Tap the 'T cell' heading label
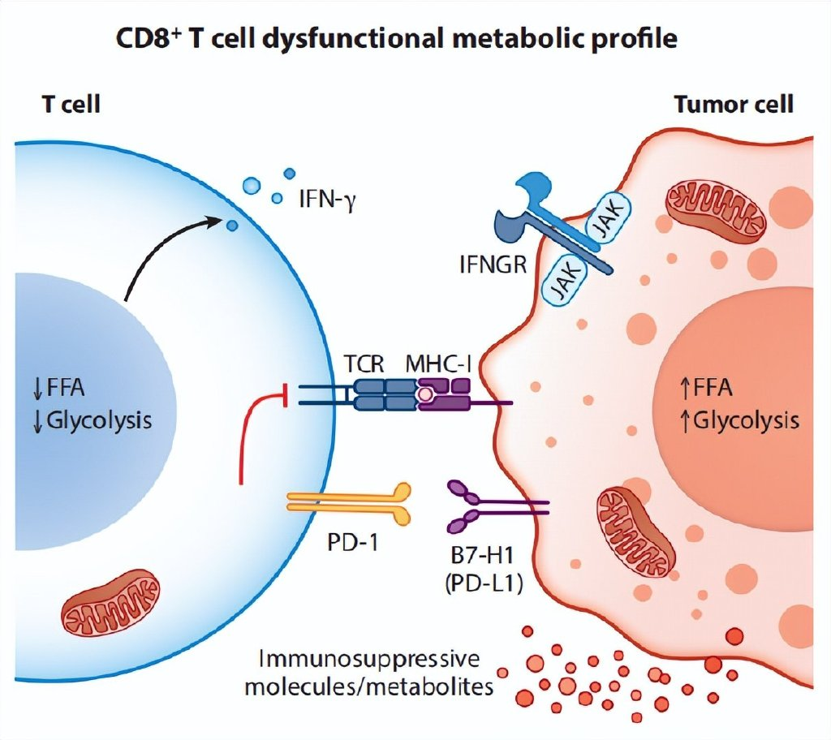coord(71,105)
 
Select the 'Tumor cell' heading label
coord(734,105)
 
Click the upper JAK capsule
coord(609,222)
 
